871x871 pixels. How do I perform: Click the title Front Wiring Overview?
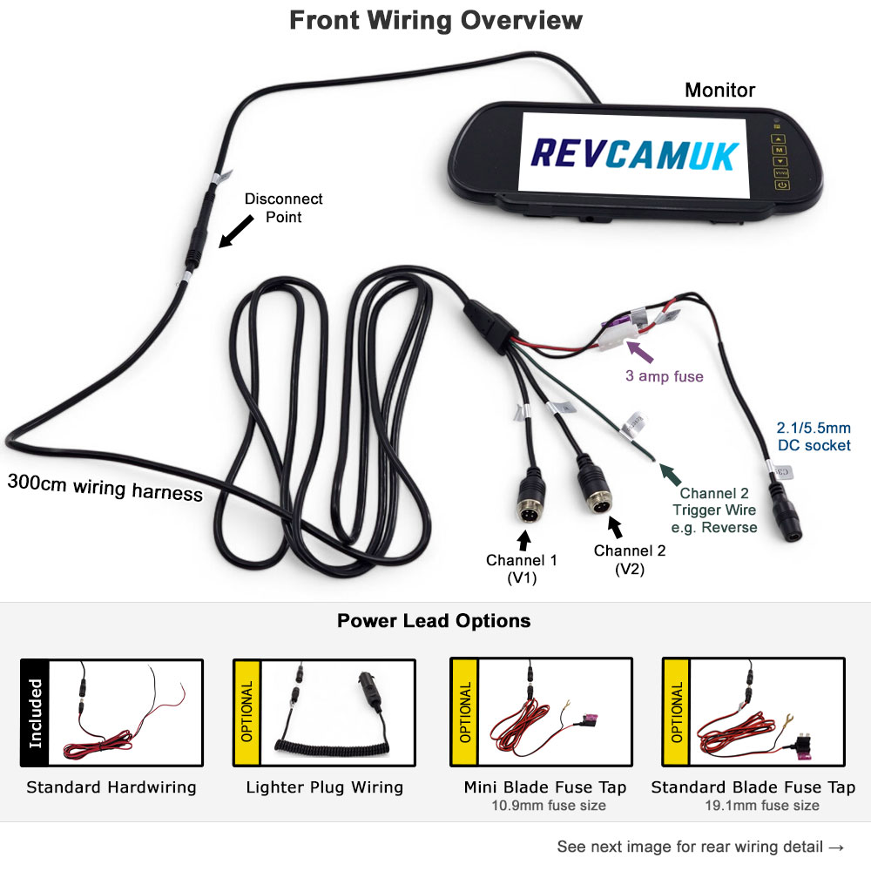click(x=435, y=20)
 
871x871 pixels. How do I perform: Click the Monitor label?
click(x=719, y=90)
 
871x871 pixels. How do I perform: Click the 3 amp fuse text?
click(x=663, y=377)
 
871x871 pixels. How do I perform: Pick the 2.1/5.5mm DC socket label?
click(x=814, y=437)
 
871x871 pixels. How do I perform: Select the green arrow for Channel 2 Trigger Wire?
click(x=668, y=475)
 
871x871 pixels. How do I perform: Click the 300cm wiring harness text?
click(x=105, y=487)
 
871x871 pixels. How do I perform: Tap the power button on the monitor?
click(x=781, y=185)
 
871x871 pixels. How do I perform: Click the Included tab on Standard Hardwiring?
click(x=35, y=712)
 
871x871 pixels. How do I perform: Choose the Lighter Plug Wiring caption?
click(x=324, y=787)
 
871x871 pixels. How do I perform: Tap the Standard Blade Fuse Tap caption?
click(x=753, y=787)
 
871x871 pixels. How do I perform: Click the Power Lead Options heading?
click(x=434, y=621)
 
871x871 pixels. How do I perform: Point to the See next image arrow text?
click(x=701, y=847)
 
